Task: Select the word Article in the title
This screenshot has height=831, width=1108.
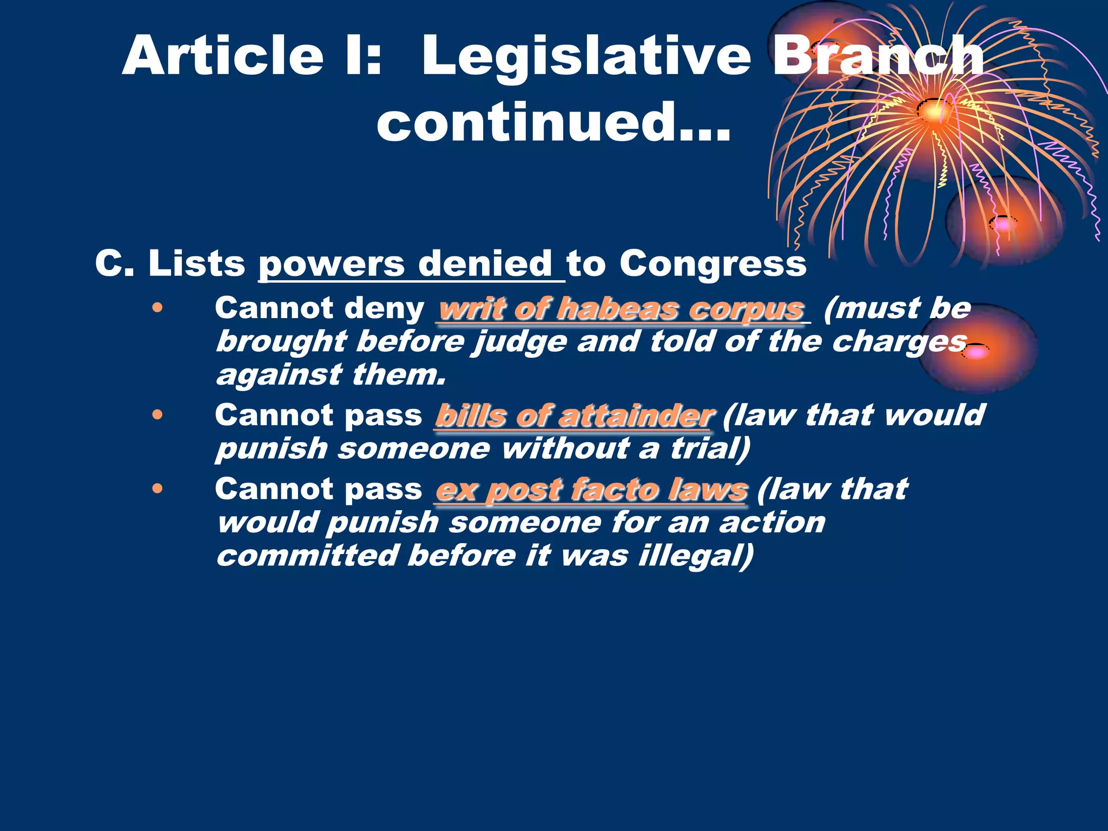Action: coord(222,56)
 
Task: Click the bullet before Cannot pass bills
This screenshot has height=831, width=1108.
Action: coord(157,415)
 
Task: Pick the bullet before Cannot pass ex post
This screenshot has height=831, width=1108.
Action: coord(157,489)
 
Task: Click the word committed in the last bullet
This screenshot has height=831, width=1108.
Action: coord(307,556)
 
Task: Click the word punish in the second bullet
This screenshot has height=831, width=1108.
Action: coord(272,449)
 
